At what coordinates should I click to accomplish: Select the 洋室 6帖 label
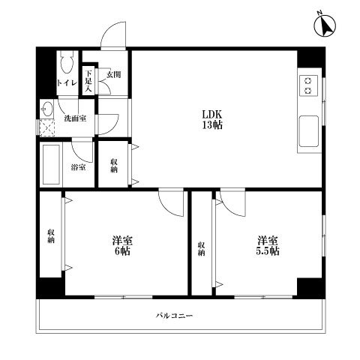[x=121, y=246]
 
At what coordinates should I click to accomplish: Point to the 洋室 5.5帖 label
[x=268, y=246]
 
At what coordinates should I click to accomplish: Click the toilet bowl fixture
[x=65, y=61]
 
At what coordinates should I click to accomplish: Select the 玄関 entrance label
[x=113, y=74]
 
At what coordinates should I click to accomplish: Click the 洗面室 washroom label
[x=73, y=118]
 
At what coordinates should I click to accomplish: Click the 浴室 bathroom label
[x=77, y=166]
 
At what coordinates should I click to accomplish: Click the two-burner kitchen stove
[x=308, y=85]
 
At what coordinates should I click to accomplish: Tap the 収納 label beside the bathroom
[x=114, y=166]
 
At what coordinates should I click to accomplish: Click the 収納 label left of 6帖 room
[x=52, y=236]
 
